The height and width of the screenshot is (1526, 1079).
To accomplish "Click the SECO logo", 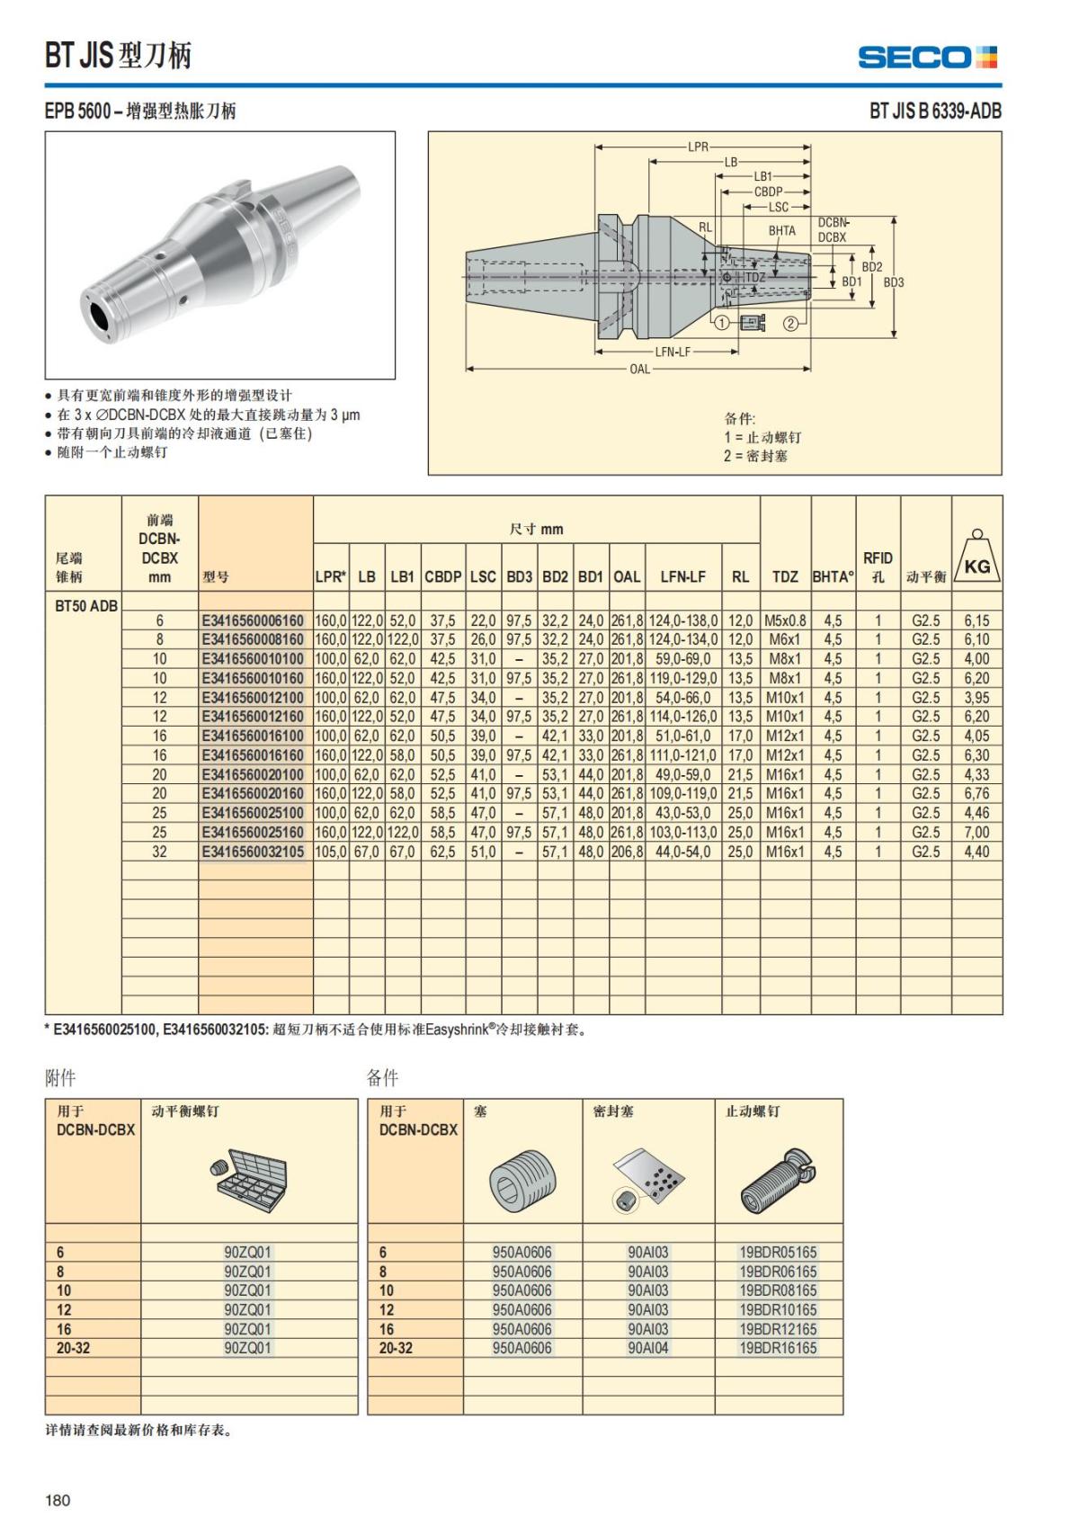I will [x=927, y=58].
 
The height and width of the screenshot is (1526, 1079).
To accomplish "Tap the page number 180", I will [x=58, y=1500].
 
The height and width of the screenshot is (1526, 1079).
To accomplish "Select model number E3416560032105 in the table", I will [x=254, y=852].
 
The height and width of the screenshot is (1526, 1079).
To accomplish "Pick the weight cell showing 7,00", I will [x=976, y=833].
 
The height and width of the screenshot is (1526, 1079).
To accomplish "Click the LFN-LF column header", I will [x=682, y=577].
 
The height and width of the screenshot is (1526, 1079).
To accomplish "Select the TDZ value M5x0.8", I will [x=785, y=620].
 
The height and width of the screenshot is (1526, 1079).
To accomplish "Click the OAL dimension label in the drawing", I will [x=639, y=370].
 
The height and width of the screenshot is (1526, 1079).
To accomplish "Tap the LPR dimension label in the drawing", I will [x=698, y=147].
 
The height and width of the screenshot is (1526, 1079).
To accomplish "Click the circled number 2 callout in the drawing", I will [x=790, y=324].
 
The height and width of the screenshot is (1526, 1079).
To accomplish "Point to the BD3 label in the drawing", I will [x=894, y=282].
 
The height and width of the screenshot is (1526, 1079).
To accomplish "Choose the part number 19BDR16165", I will [x=778, y=1348].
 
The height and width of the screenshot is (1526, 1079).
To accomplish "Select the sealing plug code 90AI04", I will [x=647, y=1348].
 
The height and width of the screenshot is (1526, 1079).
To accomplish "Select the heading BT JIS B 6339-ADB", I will [x=934, y=112].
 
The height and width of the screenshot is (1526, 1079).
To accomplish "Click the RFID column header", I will [x=877, y=567].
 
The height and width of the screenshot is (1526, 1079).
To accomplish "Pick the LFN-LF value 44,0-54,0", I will [x=682, y=852].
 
